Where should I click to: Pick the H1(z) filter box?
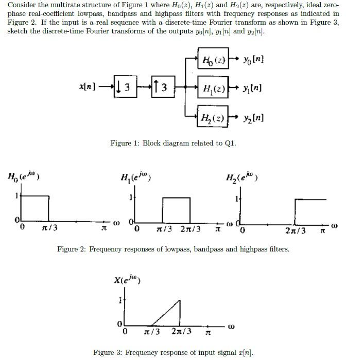(x=213, y=88)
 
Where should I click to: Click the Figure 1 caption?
(x=173, y=142)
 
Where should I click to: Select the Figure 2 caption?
(x=173, y=249)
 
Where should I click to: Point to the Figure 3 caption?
(x=173, y=352)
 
